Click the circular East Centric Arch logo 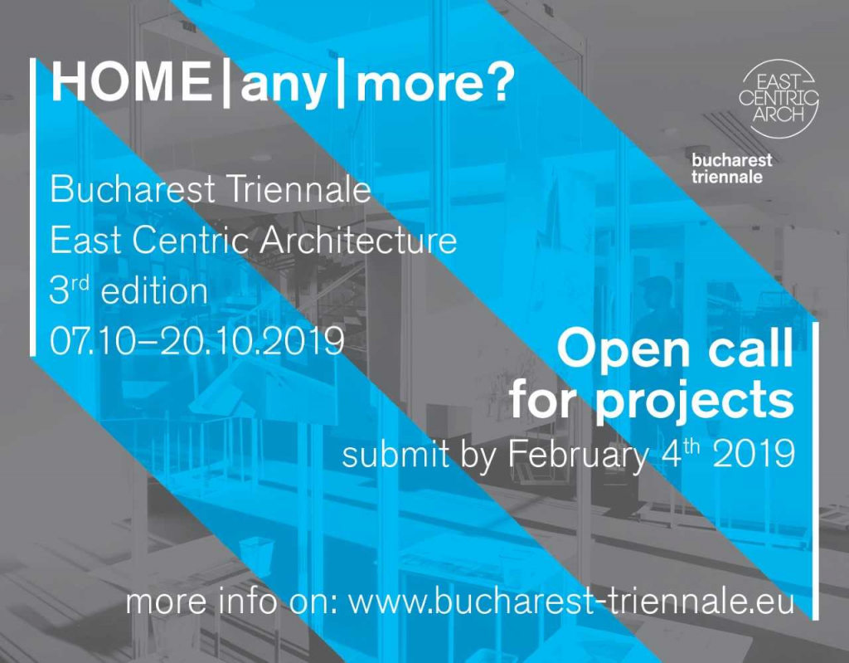coord(778,99)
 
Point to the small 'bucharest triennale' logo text coord(731,168)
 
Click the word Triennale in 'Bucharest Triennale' coord(298,190)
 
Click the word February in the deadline coord(578,456)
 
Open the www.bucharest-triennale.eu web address coord(571,602)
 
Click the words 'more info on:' coord(232,602)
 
